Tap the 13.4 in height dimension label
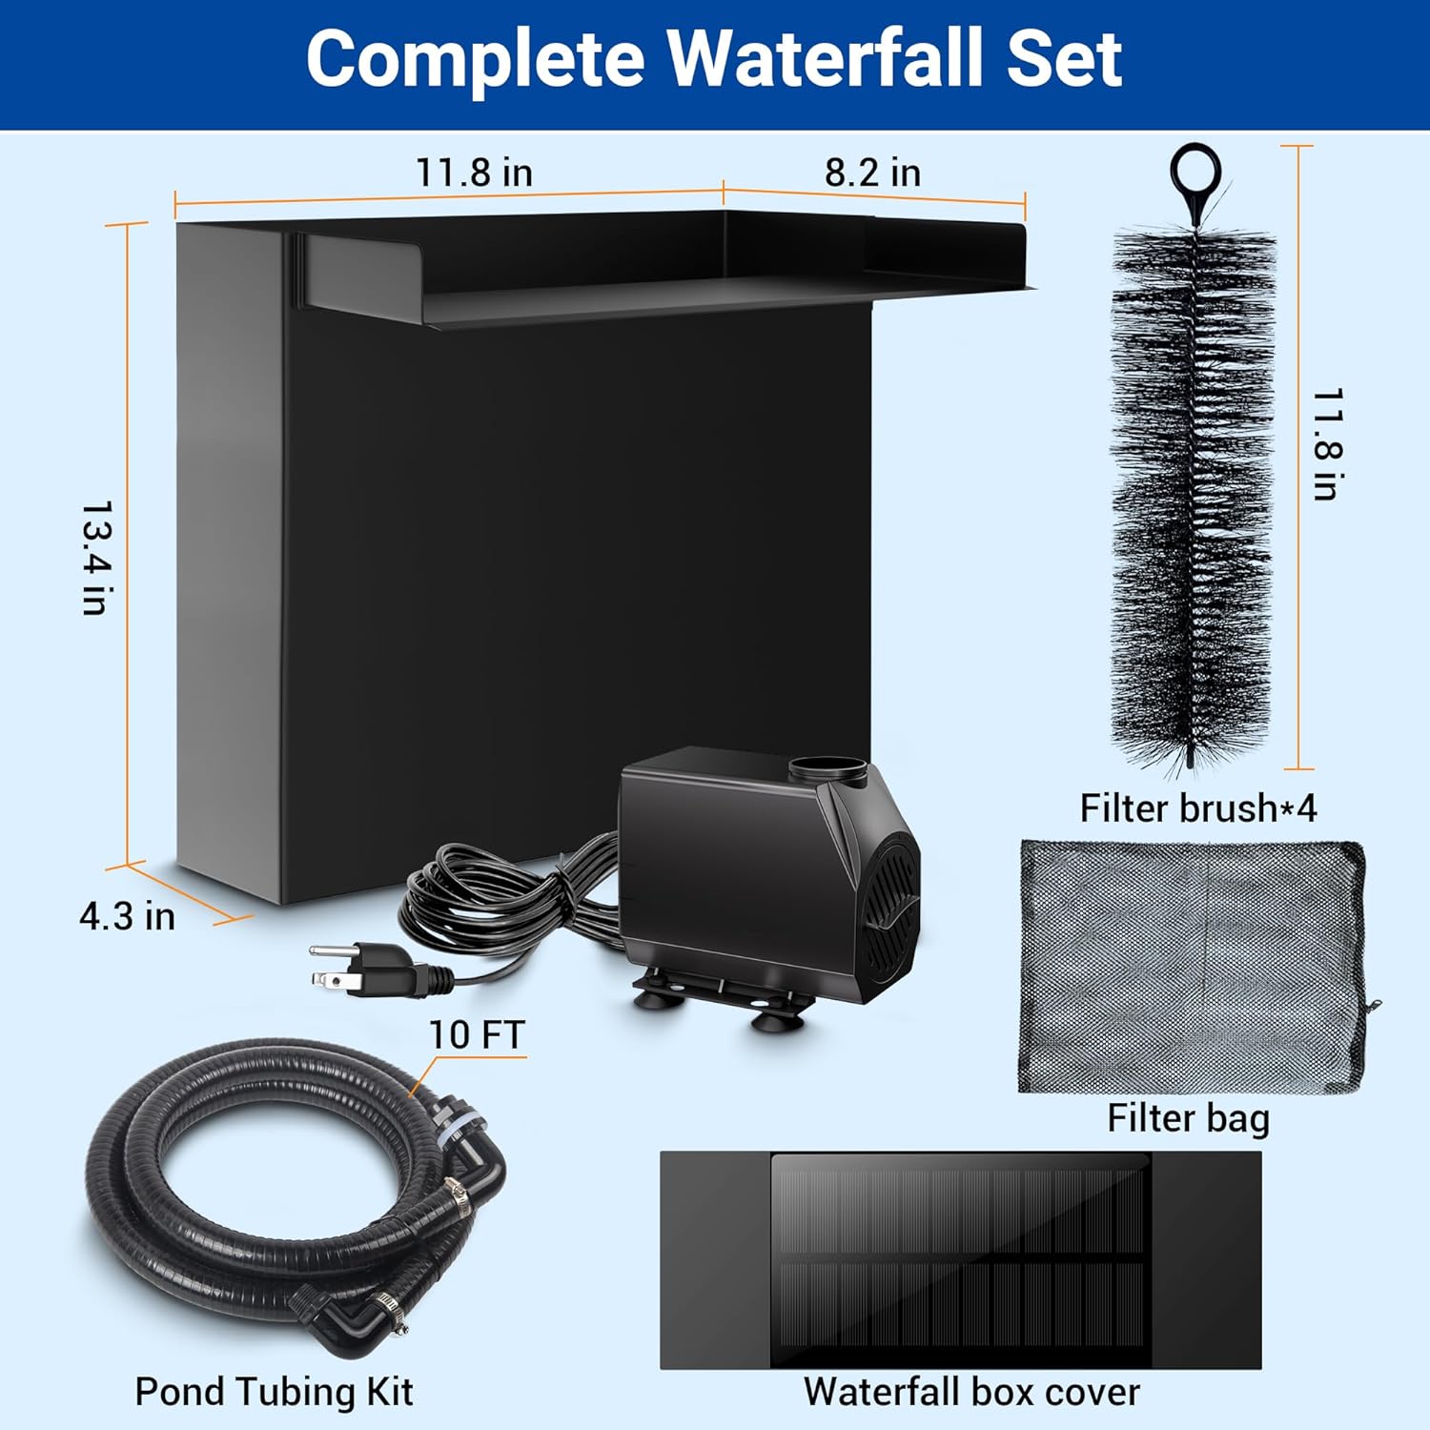(x=96, y=558)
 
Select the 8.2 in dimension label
(x=872, y=173)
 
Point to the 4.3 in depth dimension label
(x=127, y=916)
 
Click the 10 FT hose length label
(x=477, y=1034)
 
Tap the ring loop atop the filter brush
(x=1195, y=173)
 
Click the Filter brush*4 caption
(x=1197, y=808)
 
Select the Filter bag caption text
(x=1188, y=1118)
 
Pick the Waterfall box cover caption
(x=970, y=1392)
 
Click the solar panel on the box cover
(x=959, y=1258)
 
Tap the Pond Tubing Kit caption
(x=274, y=1392)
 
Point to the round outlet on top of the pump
(x=827, y=767)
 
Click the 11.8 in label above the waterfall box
(x=474, y=173)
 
